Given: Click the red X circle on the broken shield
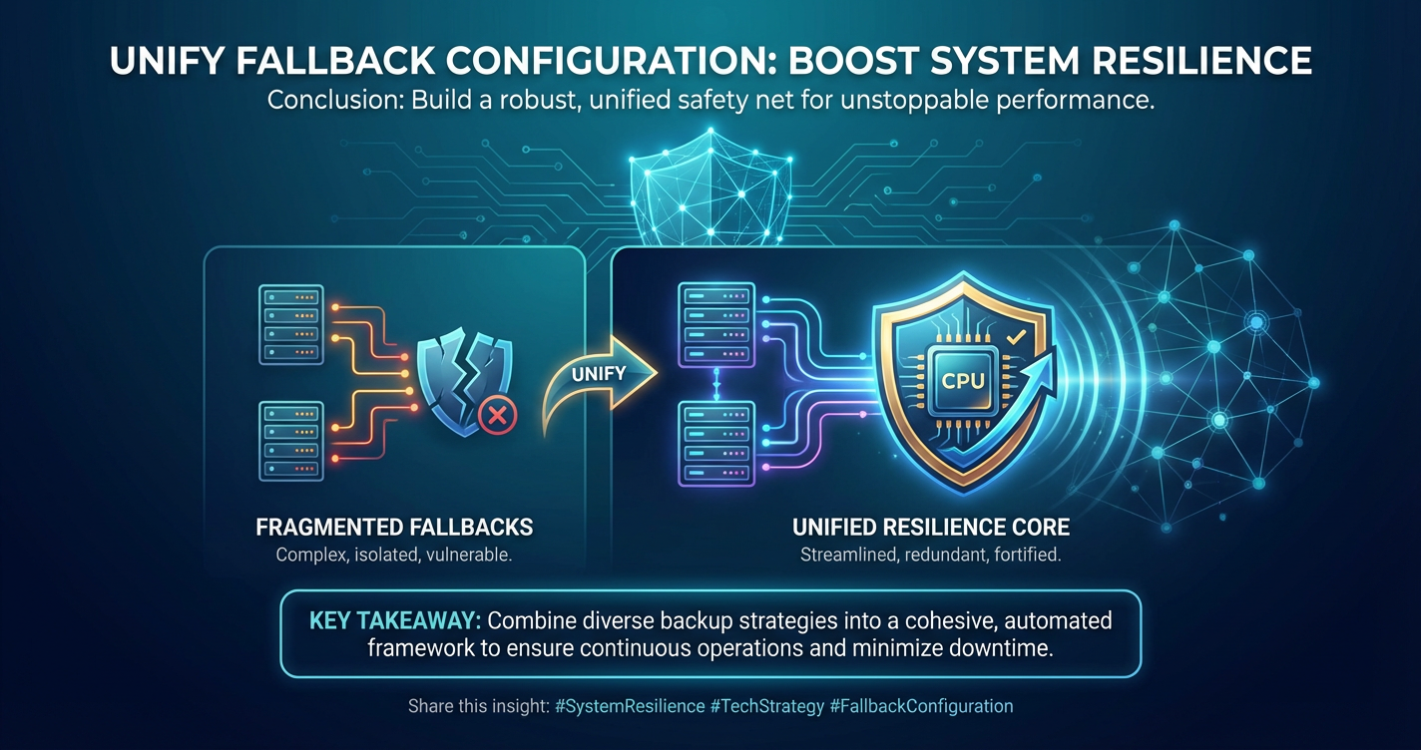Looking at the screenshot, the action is coord(497,416).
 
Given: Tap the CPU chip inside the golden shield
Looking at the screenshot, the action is coord(962,380).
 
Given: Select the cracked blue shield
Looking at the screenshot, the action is coord(464,380).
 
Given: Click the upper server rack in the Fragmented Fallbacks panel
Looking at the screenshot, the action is coord(291,324).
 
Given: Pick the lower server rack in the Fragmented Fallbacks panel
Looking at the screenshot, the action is coord(291,441).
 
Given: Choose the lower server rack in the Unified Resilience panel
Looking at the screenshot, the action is coord(716,444).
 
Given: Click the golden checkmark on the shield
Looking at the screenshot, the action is coord(1016,336).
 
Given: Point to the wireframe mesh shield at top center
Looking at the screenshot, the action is coord(710,188).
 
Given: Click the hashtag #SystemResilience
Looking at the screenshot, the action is coord(630,706).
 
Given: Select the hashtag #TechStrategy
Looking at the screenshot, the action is coord(767,706).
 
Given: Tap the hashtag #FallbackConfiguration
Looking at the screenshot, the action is coord(921,706).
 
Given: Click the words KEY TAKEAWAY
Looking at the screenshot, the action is coord(395,620).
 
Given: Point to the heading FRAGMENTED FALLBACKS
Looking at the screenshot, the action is coord(394,527).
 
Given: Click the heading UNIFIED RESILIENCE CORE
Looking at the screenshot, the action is coord(931,527).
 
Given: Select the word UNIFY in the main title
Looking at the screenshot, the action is coord(167,61).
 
